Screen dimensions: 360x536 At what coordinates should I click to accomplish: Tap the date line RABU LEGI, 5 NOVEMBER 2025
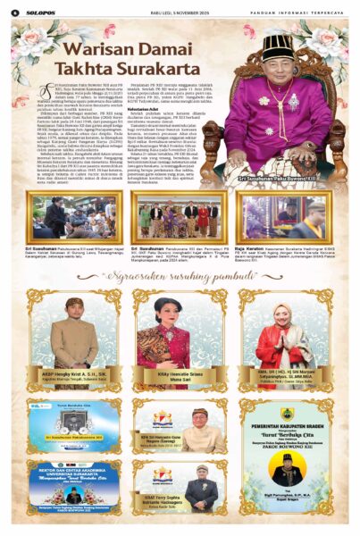click(181, 11)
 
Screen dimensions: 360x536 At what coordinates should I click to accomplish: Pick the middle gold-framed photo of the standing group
click(180, 214)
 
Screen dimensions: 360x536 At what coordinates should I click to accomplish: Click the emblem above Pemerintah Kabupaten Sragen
click(287, 414)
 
